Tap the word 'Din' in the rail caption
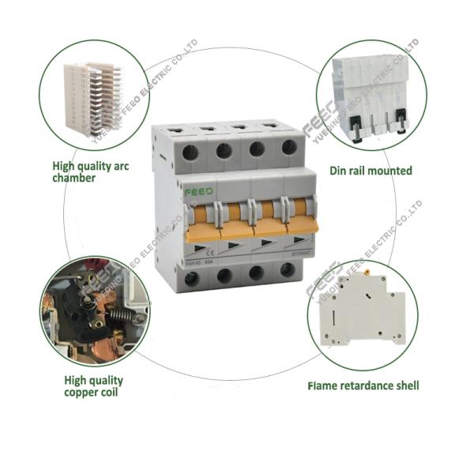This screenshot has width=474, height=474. pyautogui.click(x=338, y=170)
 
